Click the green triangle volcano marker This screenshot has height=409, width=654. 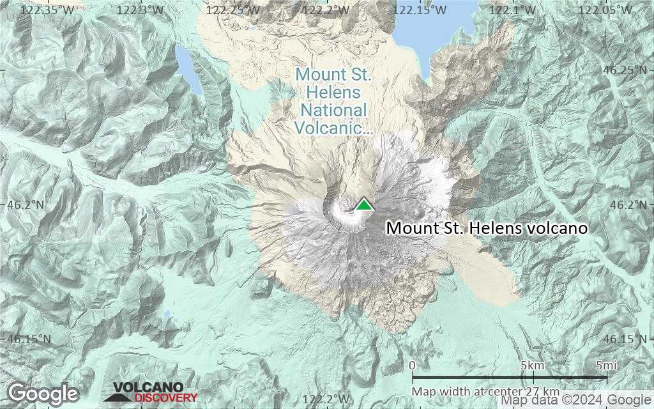(x=363, y=204)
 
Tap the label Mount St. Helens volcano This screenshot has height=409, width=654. (x=487, y=228)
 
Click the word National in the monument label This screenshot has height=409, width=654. (x=334, y=110)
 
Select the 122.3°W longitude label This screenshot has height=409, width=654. (x=142, y=10)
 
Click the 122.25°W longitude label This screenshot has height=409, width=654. (x=234, y=10)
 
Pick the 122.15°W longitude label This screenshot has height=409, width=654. (x=420, y=10)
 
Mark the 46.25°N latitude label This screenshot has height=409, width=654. (x=625, y=70)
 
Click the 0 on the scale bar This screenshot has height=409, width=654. (x=412, y=366)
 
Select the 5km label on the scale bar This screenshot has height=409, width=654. (x=531, y=366)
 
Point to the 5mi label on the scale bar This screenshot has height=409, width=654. (x=606, y=366)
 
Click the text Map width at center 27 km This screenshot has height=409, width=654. (x=485, y=391)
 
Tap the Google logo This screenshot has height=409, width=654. (x=43, y=393)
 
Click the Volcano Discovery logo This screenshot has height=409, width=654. (x=151, y=392)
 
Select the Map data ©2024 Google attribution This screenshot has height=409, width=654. (x=577, y=401)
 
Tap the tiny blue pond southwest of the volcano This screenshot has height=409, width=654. (x=167, y=314)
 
